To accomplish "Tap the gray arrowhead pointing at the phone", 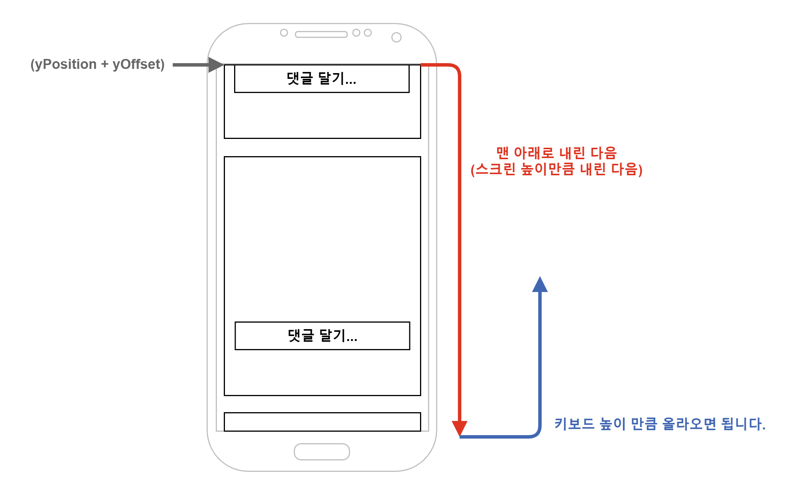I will [215, 65].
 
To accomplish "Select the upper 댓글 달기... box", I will [322, 78].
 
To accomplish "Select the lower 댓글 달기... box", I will [322, 336].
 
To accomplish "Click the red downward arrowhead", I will [459, 428].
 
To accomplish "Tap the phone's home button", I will [322, 452].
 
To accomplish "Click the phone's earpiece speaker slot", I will [321, 34].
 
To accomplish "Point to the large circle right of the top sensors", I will [396, 37].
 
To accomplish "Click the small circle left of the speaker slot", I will [284, 33].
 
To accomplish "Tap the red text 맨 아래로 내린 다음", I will [556, 153].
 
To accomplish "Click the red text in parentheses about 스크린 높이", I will [556, 169].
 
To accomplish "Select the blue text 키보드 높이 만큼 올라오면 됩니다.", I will [660, 424].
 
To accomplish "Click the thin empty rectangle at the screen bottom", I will [322, 422].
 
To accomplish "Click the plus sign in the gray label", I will [104, 64].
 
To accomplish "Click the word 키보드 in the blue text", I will [574, 424].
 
